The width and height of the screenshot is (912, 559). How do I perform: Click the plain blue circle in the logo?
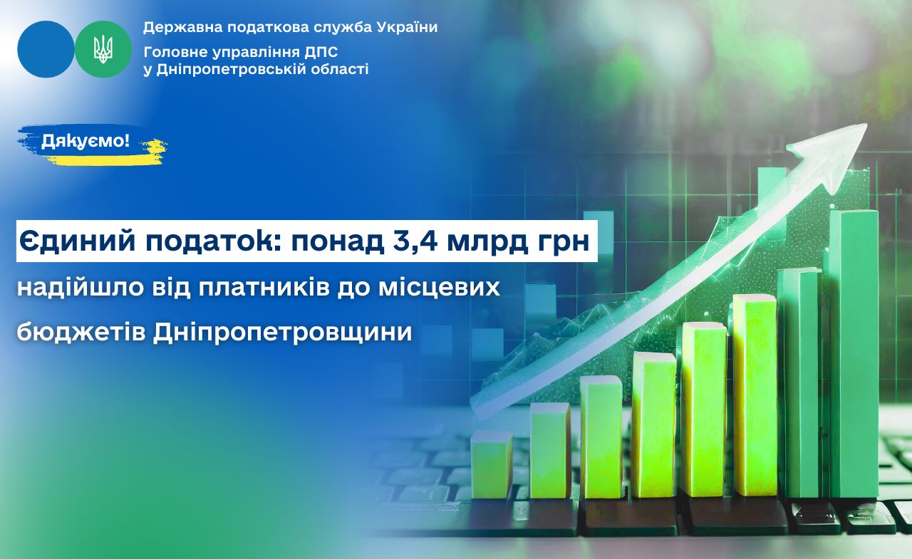46,49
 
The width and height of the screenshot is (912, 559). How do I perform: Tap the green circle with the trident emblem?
103,49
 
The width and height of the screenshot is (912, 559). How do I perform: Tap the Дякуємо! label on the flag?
85,141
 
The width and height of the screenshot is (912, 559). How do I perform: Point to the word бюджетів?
81,332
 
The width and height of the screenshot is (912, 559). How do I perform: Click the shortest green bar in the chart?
492,464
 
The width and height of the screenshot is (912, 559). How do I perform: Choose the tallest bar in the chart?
854,353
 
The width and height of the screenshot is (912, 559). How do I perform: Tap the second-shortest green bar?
550,450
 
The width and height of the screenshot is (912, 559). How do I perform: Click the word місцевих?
439,287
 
